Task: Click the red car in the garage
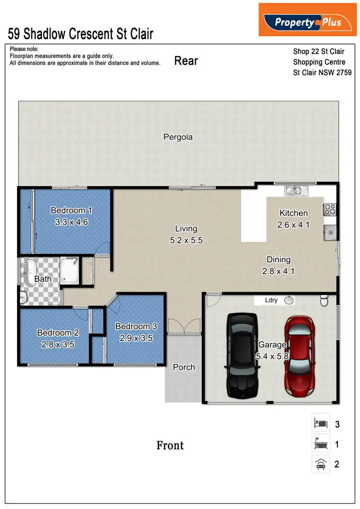click(299, 355)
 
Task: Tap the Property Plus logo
click(307, 21)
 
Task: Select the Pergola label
click(178, 138)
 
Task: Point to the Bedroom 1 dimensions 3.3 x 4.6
click(72, 221)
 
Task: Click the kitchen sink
click(295, 190)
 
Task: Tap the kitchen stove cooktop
click(329, 209)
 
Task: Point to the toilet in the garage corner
click(324, 301)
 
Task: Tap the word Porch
click(184, 367)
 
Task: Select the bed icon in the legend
click(320, 423)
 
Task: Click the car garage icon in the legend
click(320, 463)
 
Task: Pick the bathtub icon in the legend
click(320, 444)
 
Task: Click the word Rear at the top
click(186, 61)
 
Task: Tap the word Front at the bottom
click(170, 445)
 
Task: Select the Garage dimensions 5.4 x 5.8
click(272, 356)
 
